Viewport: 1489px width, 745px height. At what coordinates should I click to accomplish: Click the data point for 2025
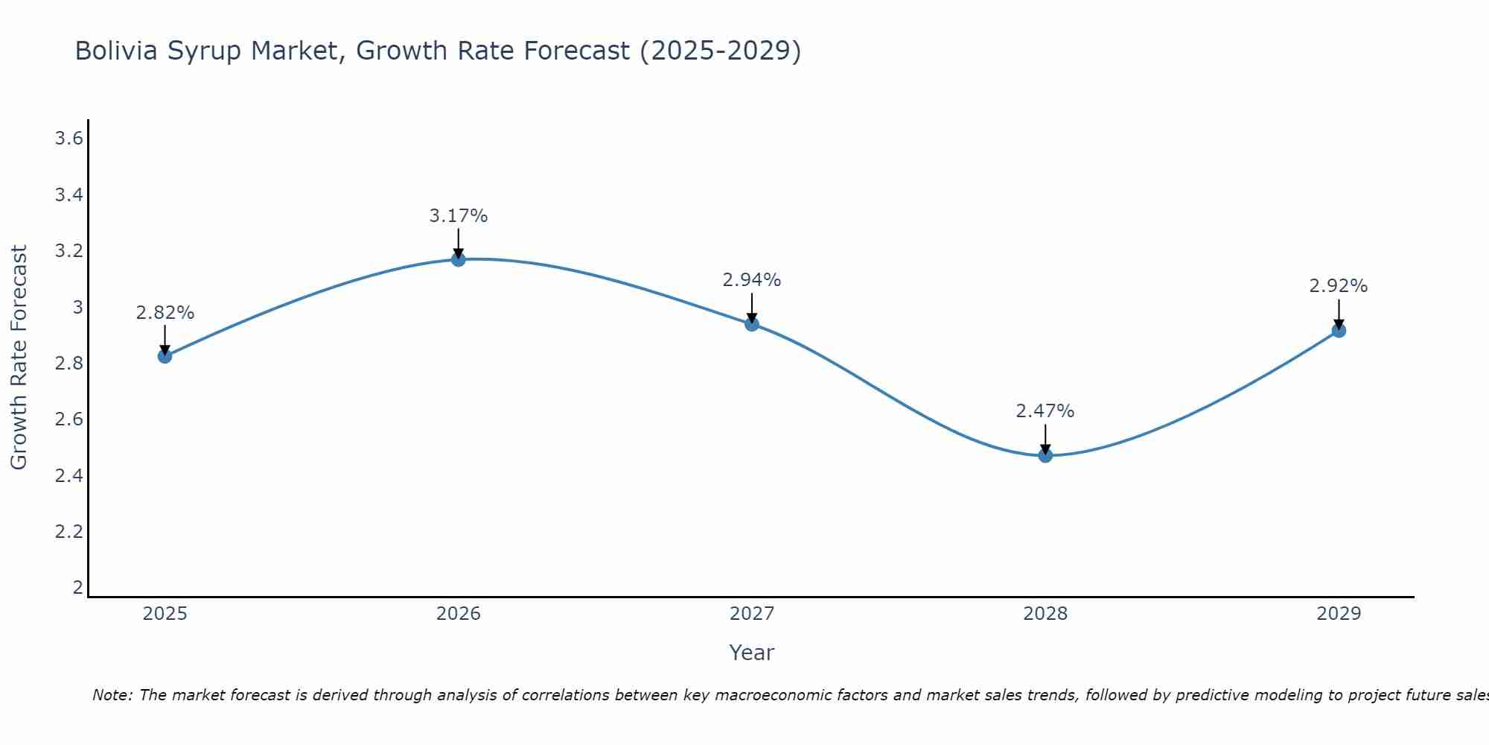(x=165, y=356)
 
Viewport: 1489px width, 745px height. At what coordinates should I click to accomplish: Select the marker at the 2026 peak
(x=459, y=259)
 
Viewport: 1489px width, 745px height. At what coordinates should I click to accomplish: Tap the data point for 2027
(x=752, y=323)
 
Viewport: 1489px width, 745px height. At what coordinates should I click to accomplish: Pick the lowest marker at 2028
(x=1045, y=455)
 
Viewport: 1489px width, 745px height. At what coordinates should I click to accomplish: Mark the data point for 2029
(x=1339, y=330)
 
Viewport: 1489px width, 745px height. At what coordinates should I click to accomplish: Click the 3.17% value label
(x=459, y=216)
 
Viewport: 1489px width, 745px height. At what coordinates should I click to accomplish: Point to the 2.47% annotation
(x=1045, y=411)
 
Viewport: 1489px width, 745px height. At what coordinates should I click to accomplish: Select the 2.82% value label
(x=165, y=313)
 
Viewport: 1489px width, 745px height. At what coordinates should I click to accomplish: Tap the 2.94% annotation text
(x=752, y=280)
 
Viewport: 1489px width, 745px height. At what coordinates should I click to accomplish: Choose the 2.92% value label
(x=1339, y=286)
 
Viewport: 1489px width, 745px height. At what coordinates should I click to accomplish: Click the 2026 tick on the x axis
(x=459, y=614)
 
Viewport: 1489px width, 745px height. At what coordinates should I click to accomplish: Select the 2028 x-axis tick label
(x=1045, y=614)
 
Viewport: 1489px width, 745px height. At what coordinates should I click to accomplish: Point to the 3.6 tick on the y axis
(x=68, y=139)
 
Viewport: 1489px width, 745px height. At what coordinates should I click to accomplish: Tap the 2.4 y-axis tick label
(x=68, y=475)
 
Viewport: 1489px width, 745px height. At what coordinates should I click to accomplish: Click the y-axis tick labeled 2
(x=77, y=587)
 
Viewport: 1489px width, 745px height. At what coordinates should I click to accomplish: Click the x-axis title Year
(x=752, y=653)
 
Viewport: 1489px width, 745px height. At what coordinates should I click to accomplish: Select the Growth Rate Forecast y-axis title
(x=19, y=358)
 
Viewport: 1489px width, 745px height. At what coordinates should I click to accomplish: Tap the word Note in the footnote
(x=112, y=695)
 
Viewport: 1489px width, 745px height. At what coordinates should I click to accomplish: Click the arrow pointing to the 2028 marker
(x=1045, y=440)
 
